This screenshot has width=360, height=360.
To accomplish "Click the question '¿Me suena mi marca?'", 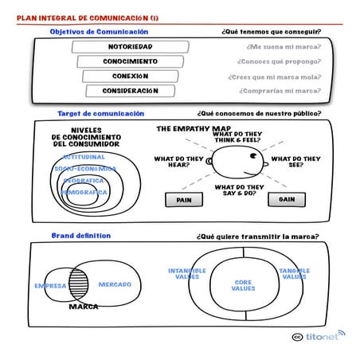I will coord(278,47).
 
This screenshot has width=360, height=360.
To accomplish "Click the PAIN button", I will coord(184,200).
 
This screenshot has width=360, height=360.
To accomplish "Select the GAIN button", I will coord(287,200).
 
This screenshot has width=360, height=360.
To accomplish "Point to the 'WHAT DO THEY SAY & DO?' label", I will coord(239,190).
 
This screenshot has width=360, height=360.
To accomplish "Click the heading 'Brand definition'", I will coord(81,236).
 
